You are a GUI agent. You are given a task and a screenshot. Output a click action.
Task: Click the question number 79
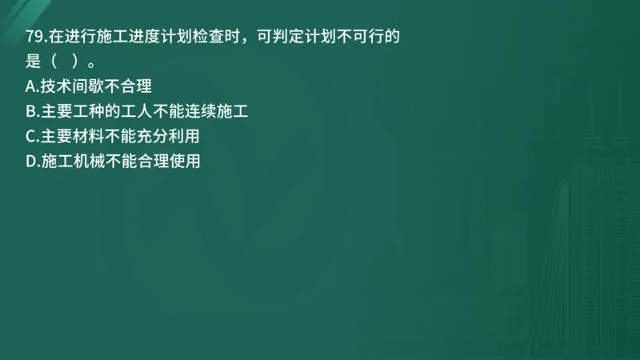click(x=35, y=35)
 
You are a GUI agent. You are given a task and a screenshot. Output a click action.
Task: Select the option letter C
click(x=30, y=136)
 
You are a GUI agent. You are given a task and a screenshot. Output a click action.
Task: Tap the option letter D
click(x=31, y=161)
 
